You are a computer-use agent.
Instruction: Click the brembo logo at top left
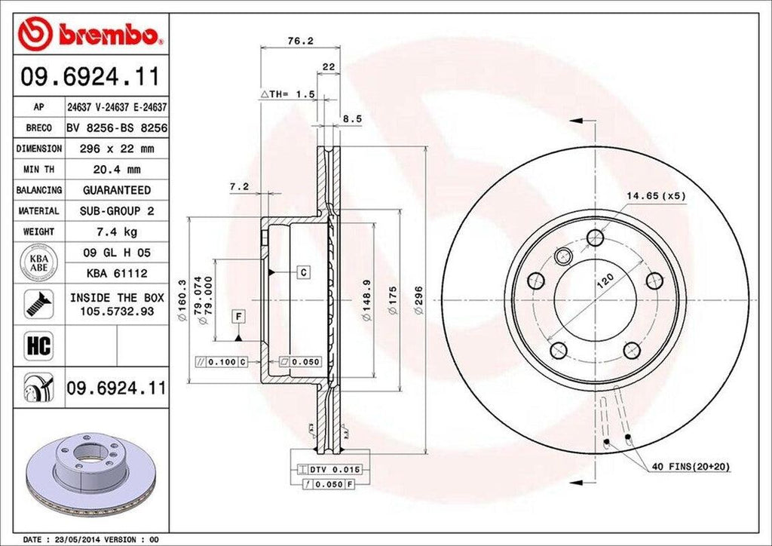(90, 33)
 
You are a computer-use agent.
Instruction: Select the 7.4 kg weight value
(116, 232)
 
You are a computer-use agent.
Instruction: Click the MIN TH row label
(38, 170)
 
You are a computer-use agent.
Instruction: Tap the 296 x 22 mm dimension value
(116, 149)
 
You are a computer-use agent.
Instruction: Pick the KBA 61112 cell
(116, 273)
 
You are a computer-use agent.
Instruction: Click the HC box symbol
(38, 346)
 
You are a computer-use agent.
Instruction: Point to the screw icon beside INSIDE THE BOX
(38, 303)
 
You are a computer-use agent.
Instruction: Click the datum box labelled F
(237, 315)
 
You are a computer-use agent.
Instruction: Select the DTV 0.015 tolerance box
(331, 469)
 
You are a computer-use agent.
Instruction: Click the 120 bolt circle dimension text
(605, 284)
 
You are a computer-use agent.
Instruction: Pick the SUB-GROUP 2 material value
(116, 211)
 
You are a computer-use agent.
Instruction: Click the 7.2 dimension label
(240, 186)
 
